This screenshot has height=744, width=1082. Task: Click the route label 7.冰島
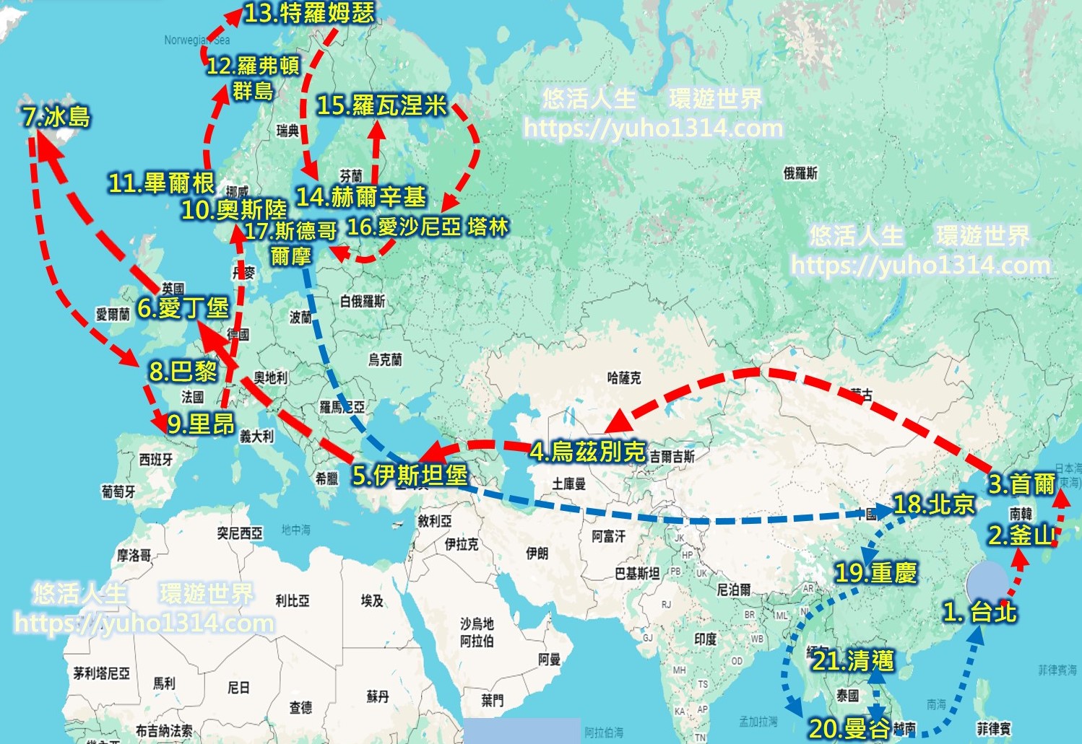tap(56, 117)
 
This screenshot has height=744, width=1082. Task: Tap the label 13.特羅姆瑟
tap(309, 13)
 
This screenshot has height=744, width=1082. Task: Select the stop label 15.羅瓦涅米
tap(382, 105)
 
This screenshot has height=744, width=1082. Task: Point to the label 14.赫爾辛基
tap(361, 196)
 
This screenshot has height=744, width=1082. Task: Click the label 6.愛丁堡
tap(183, 308)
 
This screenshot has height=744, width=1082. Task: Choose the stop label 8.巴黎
tap(183, 371)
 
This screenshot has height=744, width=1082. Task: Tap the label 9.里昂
tap(201, 424)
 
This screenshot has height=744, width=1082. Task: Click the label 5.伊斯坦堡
tap(410, 475)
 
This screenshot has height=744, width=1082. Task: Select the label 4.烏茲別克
tap(587, 452)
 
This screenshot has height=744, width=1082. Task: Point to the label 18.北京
tap(934, 504)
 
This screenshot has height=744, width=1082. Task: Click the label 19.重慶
tap(875, 573)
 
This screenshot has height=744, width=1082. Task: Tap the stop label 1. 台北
tap(979, 612)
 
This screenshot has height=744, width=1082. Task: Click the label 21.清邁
tap(853, 660)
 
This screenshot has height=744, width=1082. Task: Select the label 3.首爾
tap(1021, 483)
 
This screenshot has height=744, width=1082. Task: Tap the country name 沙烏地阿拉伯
tap(477, 632)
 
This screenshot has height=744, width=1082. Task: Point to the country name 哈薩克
tap(623, 377)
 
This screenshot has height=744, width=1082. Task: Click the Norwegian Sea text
tap(196, 40)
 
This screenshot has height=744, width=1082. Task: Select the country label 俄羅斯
tap(800, 173)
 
